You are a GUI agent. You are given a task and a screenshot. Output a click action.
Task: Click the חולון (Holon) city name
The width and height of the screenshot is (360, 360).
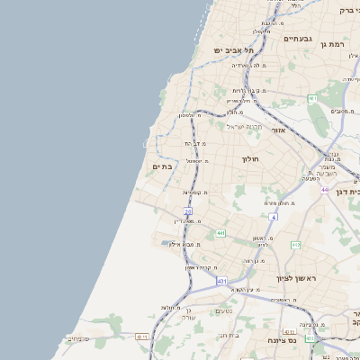(x=249, y=158)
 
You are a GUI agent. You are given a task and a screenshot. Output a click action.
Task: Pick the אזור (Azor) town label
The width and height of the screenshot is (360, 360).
(x=276, y=131)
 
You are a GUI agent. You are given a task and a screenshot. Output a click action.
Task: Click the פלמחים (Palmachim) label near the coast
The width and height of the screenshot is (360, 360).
(x=77, y=338)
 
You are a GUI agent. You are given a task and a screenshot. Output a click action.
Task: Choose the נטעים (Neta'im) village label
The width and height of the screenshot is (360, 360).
(x=225, y=311)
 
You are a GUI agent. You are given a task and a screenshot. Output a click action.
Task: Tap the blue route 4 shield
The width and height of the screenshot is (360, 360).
(x=273, y=217)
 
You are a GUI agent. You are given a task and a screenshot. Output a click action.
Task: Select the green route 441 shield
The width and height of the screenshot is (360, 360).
(x=220, y=233)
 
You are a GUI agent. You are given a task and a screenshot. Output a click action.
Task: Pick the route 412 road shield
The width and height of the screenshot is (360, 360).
(x=295, y=245)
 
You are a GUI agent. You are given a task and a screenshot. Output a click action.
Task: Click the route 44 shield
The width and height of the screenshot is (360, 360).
(x=324, y=190)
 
